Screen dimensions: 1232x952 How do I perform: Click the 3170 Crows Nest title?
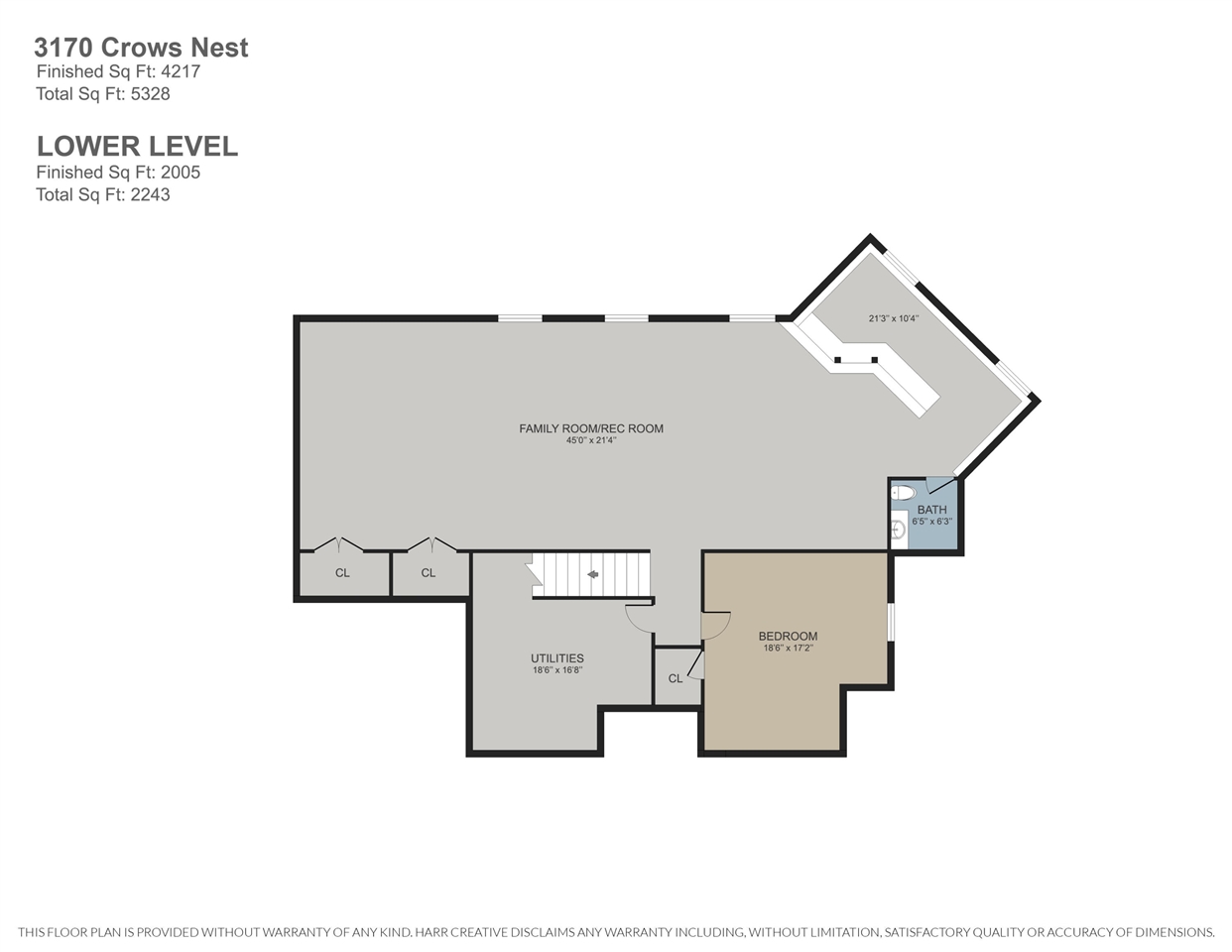click(x=141, y=48)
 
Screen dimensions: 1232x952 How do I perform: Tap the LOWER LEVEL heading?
click(x=137, y=146)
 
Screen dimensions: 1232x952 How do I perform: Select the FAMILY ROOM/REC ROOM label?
click(x=591, y=429)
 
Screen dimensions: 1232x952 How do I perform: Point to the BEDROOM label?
click(x=788, y=637)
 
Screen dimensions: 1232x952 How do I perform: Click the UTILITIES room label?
click(x=557, y=658)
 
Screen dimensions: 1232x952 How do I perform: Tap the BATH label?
click(x=932, y=510)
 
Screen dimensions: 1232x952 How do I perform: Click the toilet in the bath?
click(x=903, y=493)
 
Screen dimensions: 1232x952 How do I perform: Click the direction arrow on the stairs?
click(x=593, y=574)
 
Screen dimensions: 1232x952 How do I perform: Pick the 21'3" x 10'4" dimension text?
click(x=894, y=318)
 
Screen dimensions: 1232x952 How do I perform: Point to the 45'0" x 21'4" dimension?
click(x=591, y=440)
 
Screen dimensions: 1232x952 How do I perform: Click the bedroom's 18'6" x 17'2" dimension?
click(x=788, y=648)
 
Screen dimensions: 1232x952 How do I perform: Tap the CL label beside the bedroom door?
click(x=676, y=678)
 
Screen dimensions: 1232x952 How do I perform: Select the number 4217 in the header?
click(x=181, y=71)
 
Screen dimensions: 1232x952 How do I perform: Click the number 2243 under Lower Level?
click(x=150, y=194)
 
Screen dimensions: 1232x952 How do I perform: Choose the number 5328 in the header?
click(x=150, y=93)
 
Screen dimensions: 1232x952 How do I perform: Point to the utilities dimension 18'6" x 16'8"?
click(x=557, y=669)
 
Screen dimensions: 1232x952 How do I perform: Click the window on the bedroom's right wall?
click(x=891, y=622)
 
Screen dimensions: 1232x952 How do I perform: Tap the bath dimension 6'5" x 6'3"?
click(x=932, y=522)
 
